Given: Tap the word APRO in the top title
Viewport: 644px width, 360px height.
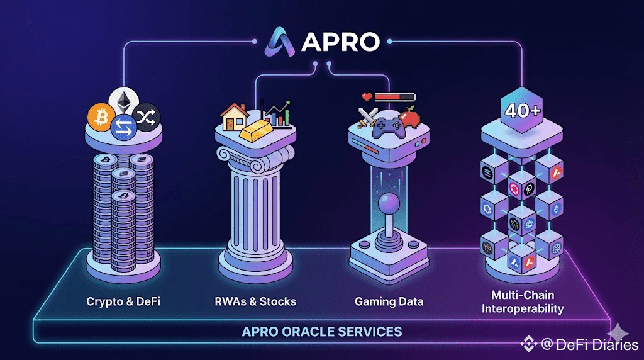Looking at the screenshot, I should [340, 41].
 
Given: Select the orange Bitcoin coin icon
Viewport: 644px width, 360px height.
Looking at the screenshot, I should [100, 116].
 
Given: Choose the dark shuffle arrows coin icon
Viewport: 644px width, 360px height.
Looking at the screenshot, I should [148, 115].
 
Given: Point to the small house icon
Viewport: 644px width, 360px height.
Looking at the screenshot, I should [234, 117].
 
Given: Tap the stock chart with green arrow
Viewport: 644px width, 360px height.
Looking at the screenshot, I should [277, 113].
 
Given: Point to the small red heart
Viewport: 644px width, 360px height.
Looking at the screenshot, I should [367, 97].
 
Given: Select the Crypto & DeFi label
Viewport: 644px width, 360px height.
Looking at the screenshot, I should [123, 301].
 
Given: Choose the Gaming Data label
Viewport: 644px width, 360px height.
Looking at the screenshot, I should [389, 301].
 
